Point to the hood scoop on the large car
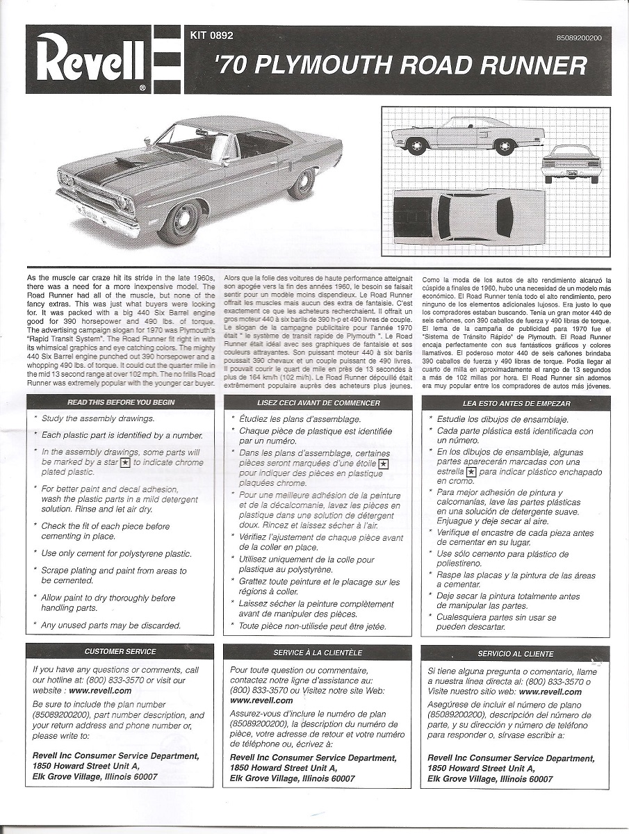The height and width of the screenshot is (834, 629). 131,162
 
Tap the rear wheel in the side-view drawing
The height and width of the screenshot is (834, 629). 504,146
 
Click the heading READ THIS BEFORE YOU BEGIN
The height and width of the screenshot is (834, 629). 121,402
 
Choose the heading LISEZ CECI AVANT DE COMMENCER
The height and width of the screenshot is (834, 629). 318,402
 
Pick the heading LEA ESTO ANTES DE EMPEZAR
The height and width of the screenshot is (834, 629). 516,403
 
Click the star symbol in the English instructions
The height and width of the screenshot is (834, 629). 125,462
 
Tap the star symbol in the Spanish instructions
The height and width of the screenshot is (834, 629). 471,472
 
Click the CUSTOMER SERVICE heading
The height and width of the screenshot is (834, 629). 120,651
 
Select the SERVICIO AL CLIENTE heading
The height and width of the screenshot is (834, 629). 515,654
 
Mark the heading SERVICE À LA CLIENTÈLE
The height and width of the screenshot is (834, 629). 318,653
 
